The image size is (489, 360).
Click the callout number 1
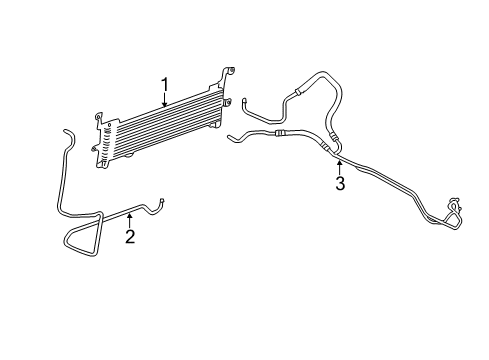click(166, 85)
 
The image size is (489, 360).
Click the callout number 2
click(130, 236)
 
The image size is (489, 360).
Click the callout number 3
click(340, 183)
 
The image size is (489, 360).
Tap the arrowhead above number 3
click(340, 161)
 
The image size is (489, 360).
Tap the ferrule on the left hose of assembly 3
click(280, 130)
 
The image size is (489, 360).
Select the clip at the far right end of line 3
click(456, 207)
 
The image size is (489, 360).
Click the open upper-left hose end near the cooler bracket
click(244, 98)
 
